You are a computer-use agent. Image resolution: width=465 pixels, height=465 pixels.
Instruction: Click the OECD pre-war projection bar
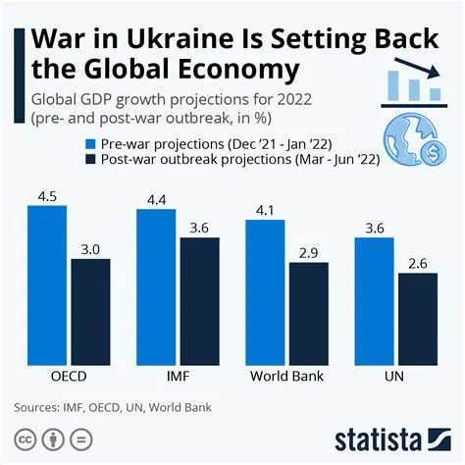pyautogui.click(x=47, y=284)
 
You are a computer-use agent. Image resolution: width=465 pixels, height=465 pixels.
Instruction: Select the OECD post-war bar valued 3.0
pyautogui.click(x=91, y=311)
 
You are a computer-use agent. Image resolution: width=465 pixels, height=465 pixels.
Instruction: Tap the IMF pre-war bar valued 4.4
pyautogui.click(x=156, y=286)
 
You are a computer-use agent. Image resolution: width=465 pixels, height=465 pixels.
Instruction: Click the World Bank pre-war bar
pyautogui.click(x=265, y=291)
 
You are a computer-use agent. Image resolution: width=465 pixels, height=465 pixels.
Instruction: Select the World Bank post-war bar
pyautogui.click(x=309, y=313)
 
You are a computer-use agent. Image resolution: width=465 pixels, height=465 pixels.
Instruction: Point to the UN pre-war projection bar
pyautogui.click(x=374, y=300)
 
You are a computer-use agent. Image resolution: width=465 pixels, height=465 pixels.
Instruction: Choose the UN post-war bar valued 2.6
pyautogui.click(x=418, y=318)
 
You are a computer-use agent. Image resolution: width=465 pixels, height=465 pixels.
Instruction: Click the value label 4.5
pyautogui.click(x=47, y=196)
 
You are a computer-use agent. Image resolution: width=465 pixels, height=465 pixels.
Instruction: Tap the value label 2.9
pyautogui.click(x=309, y=253)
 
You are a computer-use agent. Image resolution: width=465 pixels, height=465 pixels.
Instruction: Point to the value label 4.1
pyautogui.click(x=265, y=210)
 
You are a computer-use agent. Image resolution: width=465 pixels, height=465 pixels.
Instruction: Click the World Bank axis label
pyautogui.click(x=286, y=377)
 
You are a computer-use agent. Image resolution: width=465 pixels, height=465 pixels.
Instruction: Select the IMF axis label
pyautogui.click(x=178, y=377)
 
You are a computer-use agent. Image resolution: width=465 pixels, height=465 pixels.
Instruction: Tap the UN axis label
pyautogui.click(x=396, y=377)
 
